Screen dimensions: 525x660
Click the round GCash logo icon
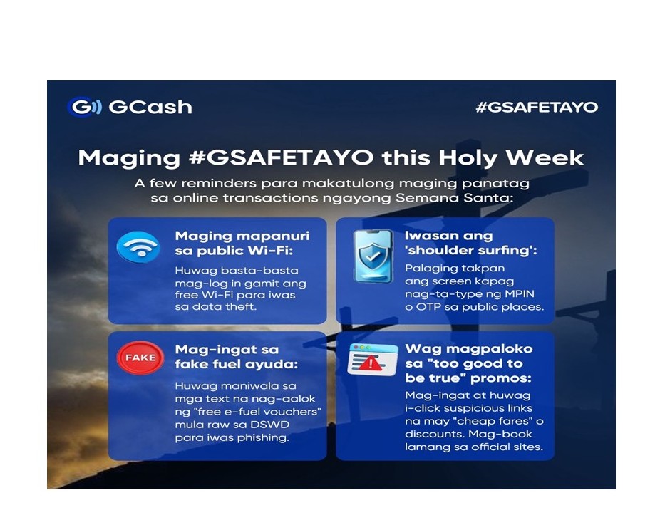click(82, 107)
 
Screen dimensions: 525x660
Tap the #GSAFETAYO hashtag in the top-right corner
click(536, 108)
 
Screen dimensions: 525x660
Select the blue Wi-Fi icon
click(138, 247)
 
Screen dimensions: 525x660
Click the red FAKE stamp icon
click(140, 358)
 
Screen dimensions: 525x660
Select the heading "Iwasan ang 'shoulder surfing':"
click(456, 244)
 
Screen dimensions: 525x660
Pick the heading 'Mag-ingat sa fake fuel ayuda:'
click(227, 358)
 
